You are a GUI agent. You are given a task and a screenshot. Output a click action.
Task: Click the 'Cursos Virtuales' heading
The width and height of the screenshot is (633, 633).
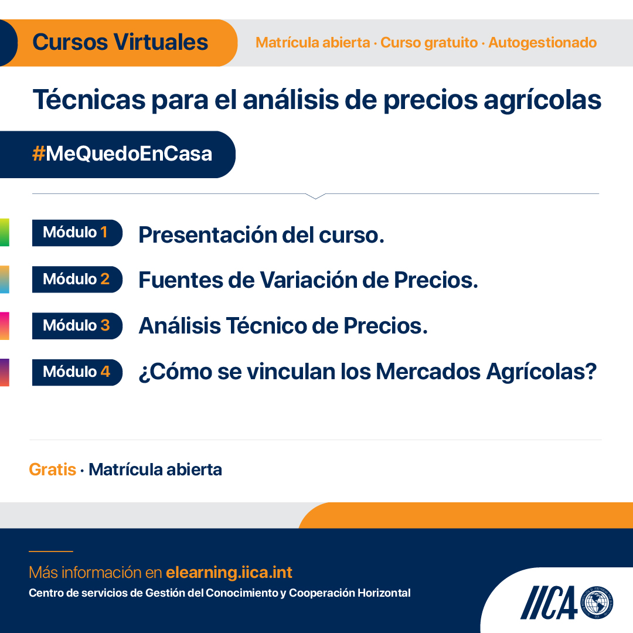point(120,42)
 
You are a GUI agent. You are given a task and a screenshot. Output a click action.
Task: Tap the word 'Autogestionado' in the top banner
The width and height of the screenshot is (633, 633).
point(542,42)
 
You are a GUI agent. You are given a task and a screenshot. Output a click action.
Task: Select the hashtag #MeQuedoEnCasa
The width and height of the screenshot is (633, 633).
point(122,154)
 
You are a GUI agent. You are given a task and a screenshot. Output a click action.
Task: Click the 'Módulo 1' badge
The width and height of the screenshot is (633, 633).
point(77,233)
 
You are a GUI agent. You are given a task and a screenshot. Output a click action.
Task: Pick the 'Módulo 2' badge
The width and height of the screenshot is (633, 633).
point(77,280)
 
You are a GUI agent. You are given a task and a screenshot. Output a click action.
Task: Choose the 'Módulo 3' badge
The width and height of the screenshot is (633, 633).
point(77,326)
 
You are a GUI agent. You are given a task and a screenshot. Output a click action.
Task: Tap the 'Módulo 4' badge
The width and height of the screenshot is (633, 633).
point(77,372)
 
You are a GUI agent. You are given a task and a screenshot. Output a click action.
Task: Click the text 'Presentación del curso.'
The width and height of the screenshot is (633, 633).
point(261,235)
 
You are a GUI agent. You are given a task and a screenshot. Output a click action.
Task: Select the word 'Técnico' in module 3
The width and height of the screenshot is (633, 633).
point(266,325)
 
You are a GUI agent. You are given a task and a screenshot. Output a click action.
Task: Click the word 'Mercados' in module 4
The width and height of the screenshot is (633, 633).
point(428,372)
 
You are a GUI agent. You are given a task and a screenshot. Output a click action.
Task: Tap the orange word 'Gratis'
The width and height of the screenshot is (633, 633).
point(53,470)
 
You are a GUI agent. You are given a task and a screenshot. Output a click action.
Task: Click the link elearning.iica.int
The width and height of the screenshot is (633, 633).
point(229,573)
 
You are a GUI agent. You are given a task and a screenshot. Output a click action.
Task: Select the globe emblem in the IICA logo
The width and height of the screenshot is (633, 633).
point(597,603)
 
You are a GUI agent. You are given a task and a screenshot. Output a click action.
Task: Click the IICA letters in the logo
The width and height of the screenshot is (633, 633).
point(549,603)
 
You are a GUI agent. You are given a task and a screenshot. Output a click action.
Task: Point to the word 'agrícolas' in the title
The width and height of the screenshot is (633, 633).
point(543,100)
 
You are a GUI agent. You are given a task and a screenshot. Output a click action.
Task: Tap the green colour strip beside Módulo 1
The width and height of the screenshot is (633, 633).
point(5,233)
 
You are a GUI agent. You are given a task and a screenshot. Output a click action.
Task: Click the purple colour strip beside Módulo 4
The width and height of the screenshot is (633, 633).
point(5,372)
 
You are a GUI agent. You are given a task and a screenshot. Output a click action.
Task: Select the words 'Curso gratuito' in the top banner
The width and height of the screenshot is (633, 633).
point(428,42)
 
